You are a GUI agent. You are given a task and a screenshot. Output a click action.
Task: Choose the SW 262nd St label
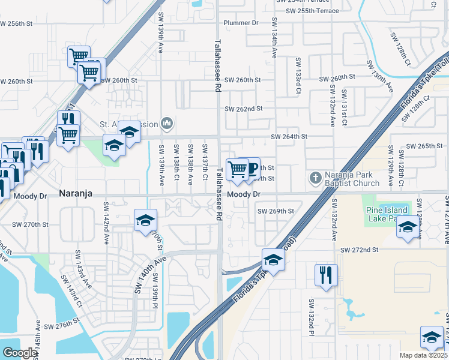point(244,109)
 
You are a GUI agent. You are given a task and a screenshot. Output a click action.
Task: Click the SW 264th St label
point(289,137)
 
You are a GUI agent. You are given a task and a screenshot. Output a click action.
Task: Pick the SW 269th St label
point(276,211)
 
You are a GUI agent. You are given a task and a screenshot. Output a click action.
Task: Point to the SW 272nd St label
point(360,249)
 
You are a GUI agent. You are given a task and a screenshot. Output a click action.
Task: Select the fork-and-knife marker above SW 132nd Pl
point(326,275)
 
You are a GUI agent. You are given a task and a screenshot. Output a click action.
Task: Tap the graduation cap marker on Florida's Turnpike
point(273,260)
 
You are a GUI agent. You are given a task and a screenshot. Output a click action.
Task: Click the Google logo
point(19,353)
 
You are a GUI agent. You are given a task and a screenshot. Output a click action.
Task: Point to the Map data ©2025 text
point(424,355)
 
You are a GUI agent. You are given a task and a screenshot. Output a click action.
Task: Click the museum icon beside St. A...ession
point(167,124)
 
